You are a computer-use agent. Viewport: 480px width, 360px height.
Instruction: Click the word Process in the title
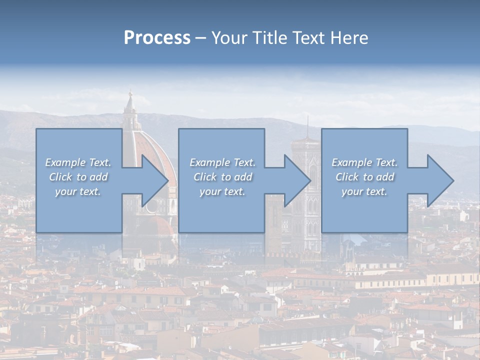[x=157, y=38]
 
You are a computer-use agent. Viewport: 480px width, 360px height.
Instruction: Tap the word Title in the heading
[x=267, y=38]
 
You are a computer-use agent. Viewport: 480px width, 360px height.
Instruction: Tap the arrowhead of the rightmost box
[x=439, y=180]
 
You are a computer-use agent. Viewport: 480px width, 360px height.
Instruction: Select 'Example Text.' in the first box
[x=78, y=162]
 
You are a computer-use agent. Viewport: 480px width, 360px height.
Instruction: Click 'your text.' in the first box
[x=78, y=191]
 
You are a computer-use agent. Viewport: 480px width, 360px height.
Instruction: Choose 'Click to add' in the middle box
[x=222, y=177]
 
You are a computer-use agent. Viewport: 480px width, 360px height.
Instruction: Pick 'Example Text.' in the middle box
[x=222, y=162]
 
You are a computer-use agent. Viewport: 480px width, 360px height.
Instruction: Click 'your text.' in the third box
[x=364, y=191]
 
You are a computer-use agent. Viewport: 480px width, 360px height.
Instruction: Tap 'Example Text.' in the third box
[x=364, y=162]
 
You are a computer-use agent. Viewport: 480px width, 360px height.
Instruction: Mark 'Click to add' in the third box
[x=364, y=177]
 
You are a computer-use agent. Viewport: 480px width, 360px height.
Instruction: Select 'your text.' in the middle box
[x=222, y=191]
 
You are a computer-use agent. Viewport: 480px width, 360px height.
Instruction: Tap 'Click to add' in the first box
[x=78, y=177]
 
